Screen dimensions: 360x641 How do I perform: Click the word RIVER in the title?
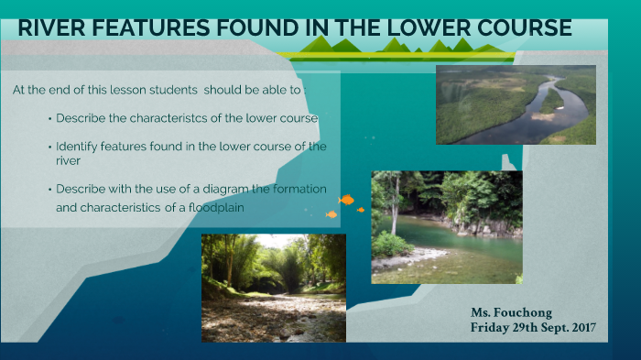point(47,28)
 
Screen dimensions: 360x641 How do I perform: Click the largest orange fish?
point(346,199)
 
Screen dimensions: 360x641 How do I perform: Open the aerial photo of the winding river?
point(516,104)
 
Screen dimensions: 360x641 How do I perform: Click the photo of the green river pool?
point(446,226)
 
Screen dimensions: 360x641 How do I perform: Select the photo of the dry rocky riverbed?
point(274,288)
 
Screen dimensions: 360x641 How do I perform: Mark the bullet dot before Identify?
point(49,147)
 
